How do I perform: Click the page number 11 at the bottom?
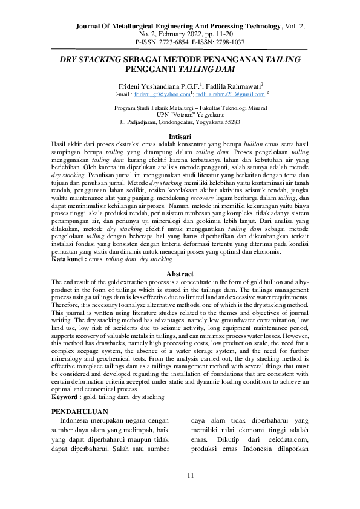[x=190, y=475]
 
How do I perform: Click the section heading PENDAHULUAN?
[x=82, y=411]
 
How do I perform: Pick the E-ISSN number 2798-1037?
[x=227, y=42]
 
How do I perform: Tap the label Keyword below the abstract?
[x=67, y=397]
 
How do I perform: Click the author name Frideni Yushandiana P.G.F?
[x=159, y=86]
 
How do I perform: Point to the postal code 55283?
[x=232, y=122]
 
